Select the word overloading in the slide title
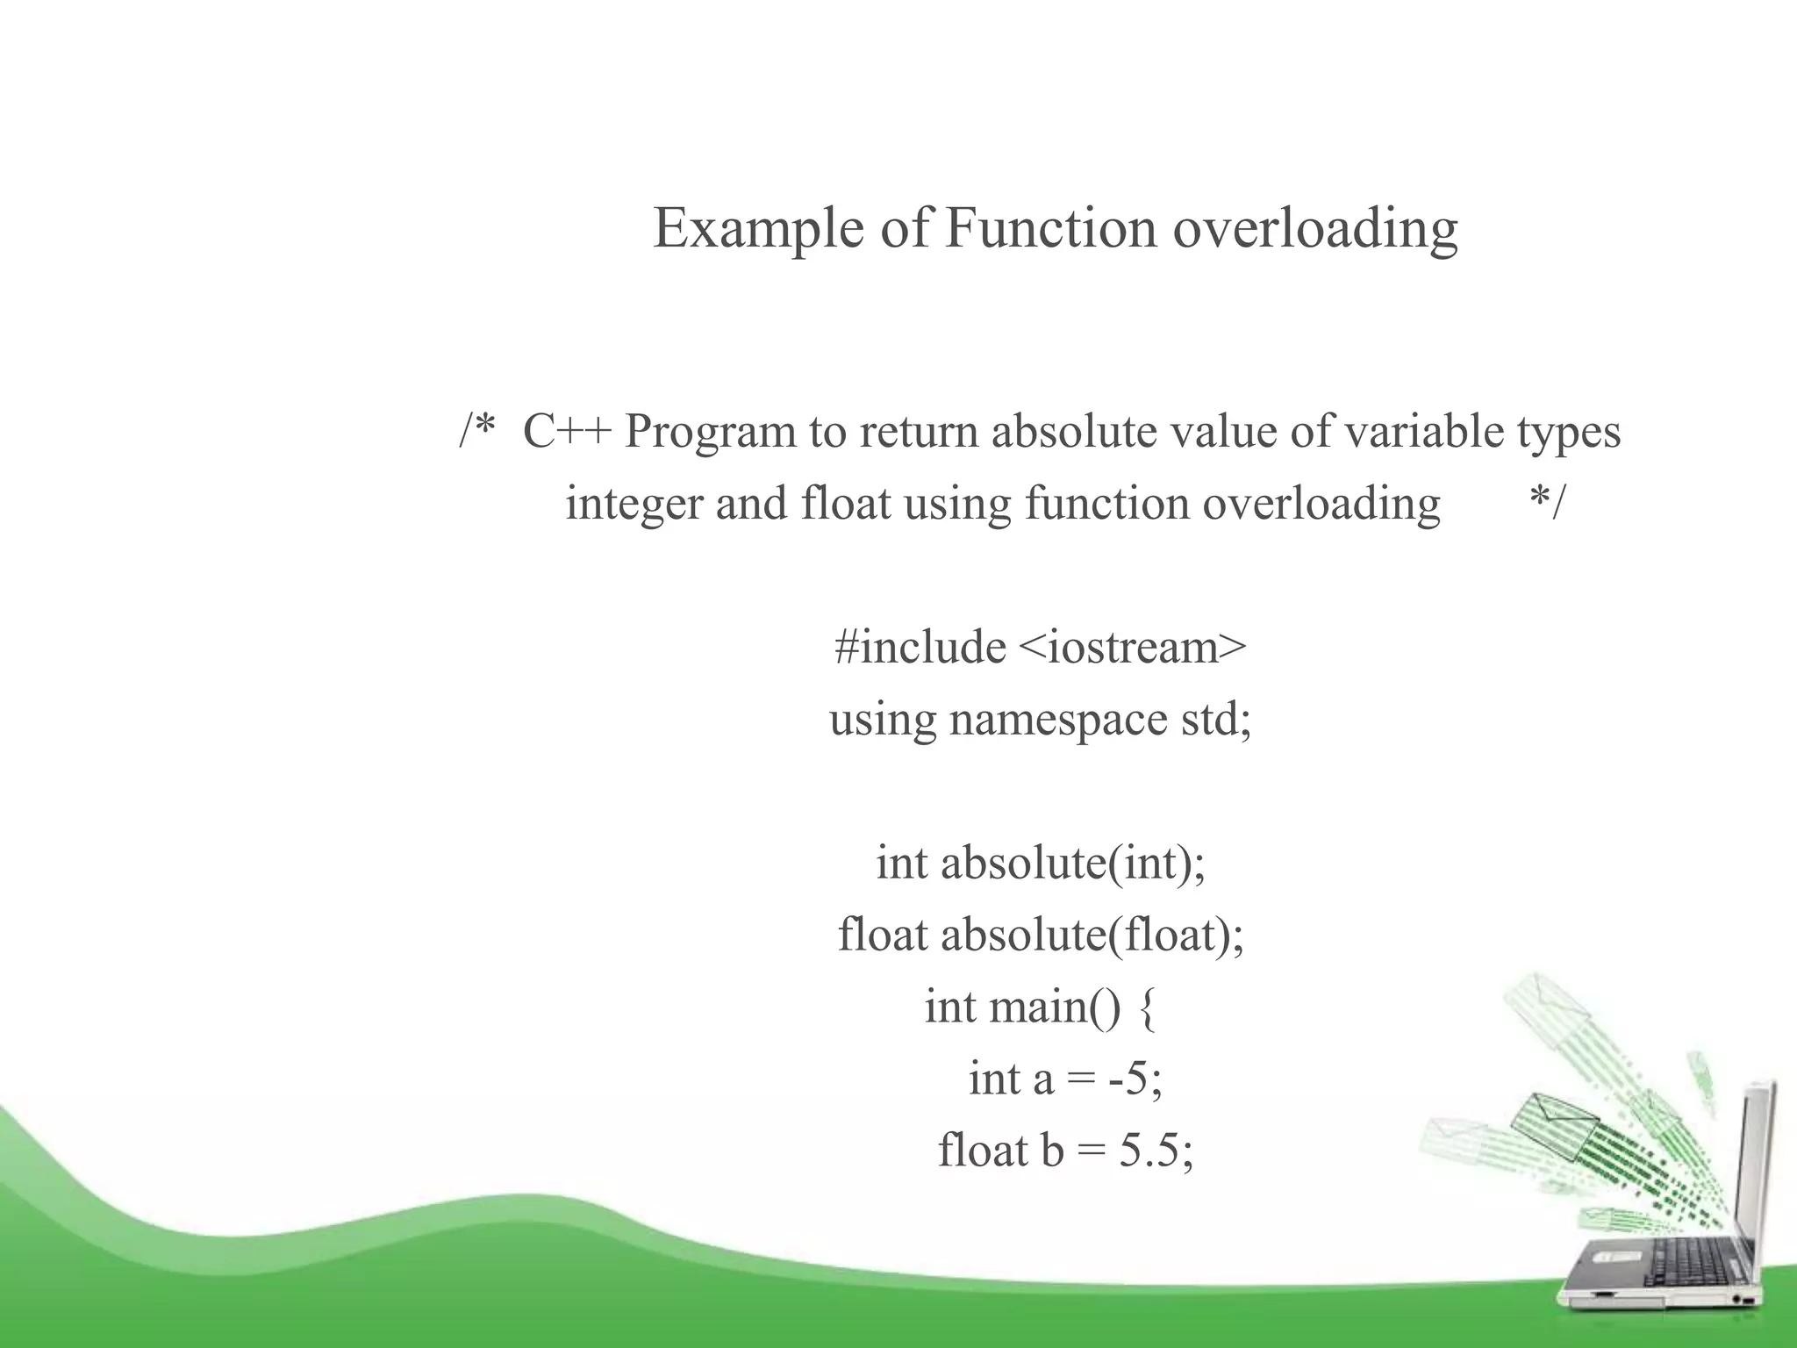pos(1315,228)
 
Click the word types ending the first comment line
pos(1569,432)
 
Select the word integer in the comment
pos(634,504)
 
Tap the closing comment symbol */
pos(1546,504)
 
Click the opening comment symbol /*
pos(477,432)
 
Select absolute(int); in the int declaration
pos(1073,864)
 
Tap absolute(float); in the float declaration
pos(1092,936)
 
